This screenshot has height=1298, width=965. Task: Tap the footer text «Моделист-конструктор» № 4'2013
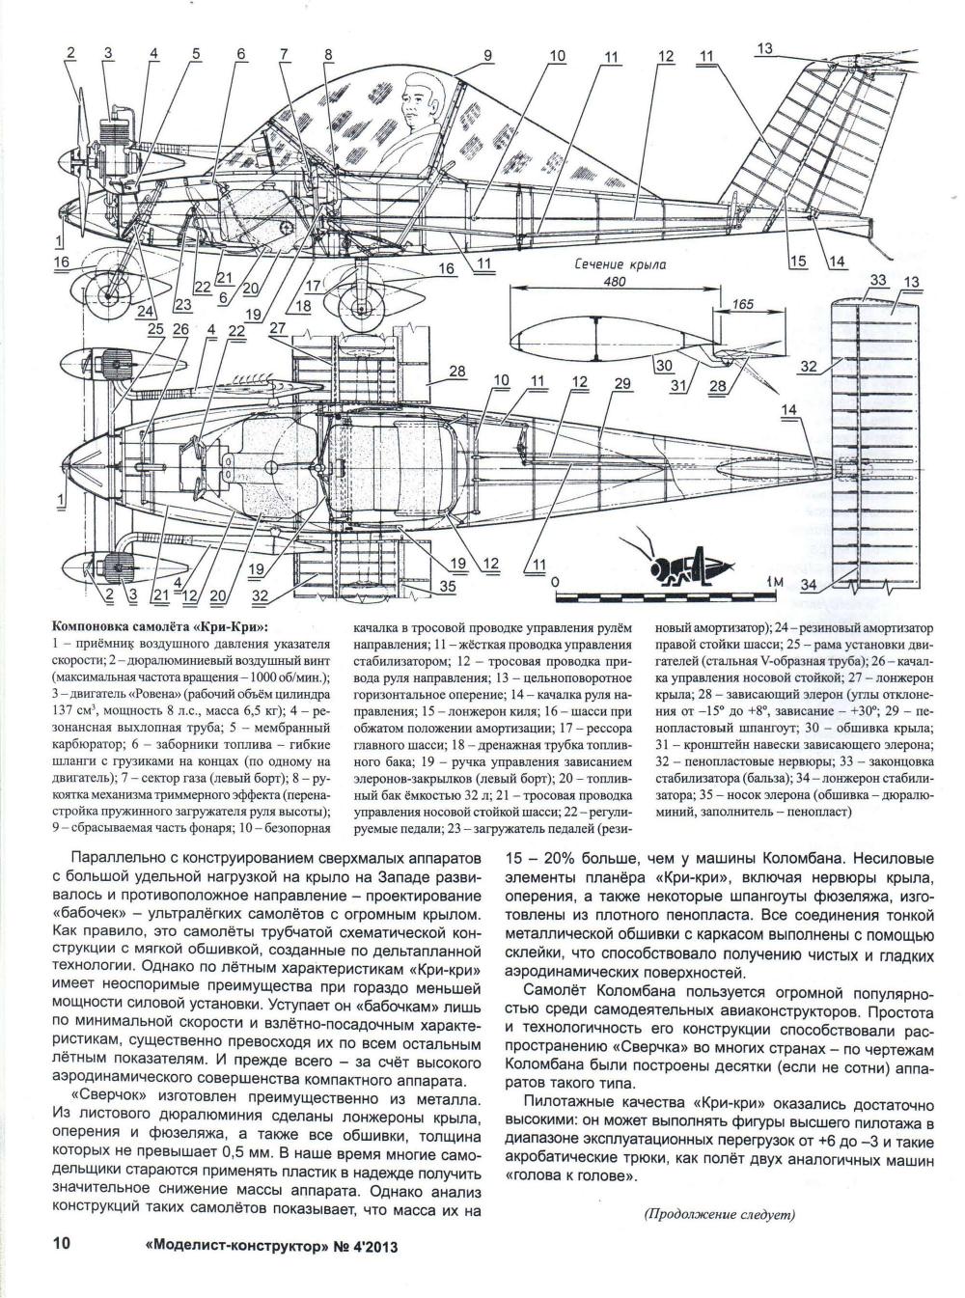[x=270, y=1246]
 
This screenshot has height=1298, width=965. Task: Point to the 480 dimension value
[x=615, y=282]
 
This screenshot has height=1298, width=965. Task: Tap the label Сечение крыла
[x=616, y=263]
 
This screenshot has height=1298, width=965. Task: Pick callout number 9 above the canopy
[x=488, y=56]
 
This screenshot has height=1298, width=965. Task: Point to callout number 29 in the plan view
[x=621, y=384]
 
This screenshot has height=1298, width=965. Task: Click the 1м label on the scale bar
[x=770, y=583]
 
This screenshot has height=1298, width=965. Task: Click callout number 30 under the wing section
[x=663, y=365]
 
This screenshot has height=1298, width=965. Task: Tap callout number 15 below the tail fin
[x=797, y=262]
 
